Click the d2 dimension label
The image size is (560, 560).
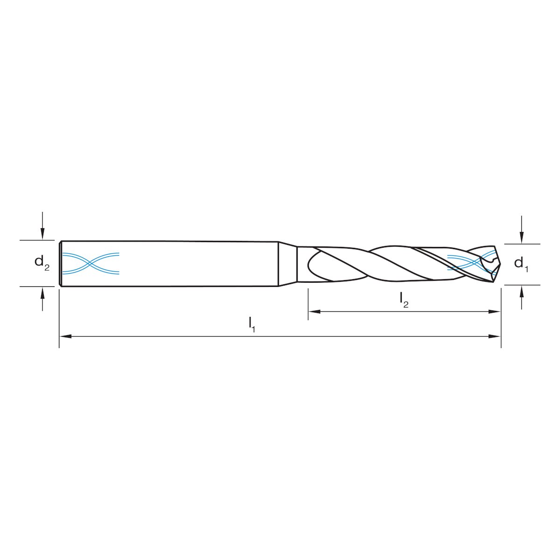click(x=42, y=262)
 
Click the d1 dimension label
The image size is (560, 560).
click(x=521, y=264)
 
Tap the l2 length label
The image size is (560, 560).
click(x=404, y=300)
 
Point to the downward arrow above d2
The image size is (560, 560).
click(x=42, y=226)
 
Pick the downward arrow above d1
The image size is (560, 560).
click(x=522, y=230)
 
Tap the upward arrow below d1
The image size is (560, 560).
click(x=522, y=297)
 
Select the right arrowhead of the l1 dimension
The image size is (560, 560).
click(x=495, y=336)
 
